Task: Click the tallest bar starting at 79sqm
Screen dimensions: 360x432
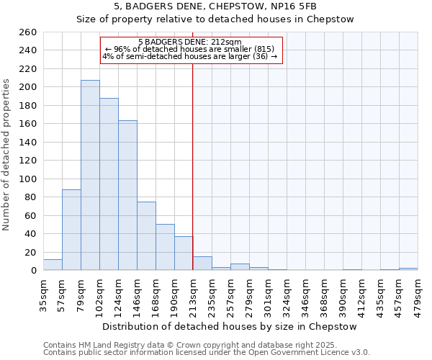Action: pyautogui.click(x=90, y=175)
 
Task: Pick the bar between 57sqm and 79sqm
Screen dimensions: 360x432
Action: pyautogui.click(x=71, y=230)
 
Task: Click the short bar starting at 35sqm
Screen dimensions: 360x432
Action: pyautogui.click(x=53, y=265)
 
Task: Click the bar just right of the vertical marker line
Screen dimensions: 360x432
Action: pyautogui.click(x=202, y=264)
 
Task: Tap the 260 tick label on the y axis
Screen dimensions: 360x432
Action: pyautogui.click(x=27, y=32)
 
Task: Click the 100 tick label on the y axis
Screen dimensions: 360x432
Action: pyautogui.click(x=27, y=179)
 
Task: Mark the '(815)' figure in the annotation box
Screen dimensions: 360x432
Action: pyautogui.click(x=260, y=49)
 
